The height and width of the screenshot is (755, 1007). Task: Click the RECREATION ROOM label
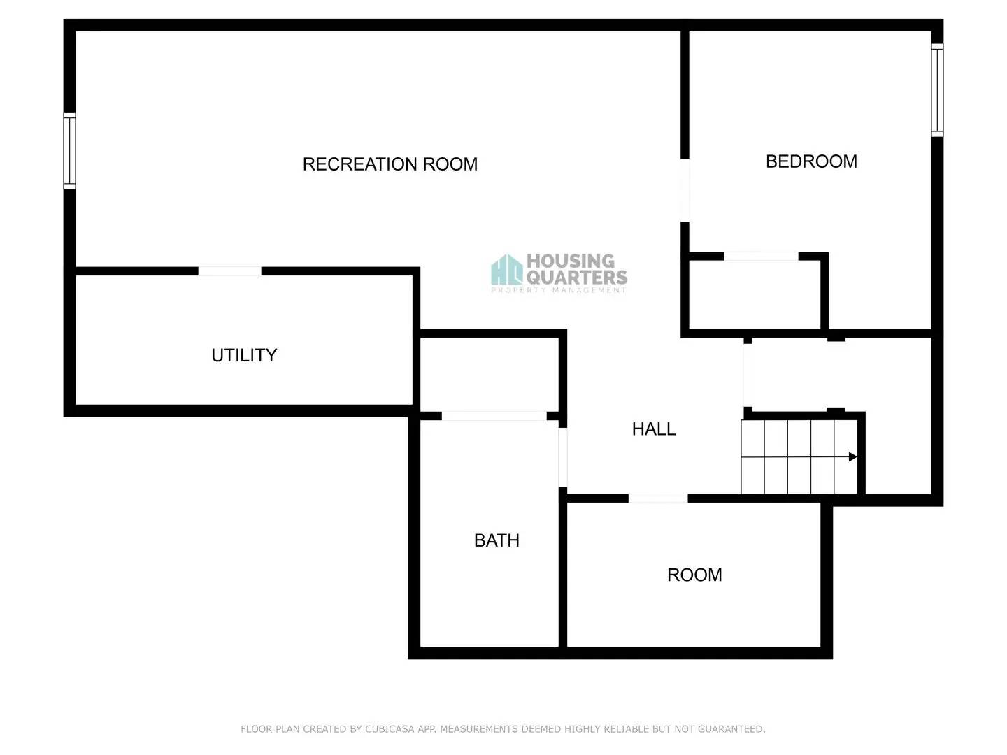click(390, 164)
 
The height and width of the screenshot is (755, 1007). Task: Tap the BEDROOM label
click(811, 161)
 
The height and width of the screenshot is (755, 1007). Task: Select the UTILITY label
click(244, 355)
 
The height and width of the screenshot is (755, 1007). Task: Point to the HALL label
click(654, 429)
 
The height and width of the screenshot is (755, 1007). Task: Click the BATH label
click(497, 540)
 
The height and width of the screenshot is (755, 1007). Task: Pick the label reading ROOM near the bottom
click(694, 575)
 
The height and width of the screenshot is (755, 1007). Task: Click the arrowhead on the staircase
click(852, 456)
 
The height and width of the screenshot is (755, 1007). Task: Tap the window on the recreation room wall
click(69, 150)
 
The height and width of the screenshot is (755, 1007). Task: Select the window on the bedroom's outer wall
click(937, 90)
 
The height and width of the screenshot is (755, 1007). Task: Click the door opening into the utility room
click(230, 271)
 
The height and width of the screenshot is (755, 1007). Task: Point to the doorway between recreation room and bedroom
click(685, 190)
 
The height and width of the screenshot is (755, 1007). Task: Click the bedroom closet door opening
click(761, 257)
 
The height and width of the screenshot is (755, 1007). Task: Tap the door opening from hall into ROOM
click(658, 498)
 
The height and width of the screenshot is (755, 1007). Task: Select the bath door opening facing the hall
click(562, 457)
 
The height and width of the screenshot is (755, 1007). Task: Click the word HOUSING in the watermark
click(570, 261)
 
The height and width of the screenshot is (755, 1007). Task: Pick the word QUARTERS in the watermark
click(577, 277)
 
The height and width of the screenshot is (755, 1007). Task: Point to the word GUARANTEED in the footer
click(731, 728)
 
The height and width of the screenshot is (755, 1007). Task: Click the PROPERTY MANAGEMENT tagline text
click(558, 290)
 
